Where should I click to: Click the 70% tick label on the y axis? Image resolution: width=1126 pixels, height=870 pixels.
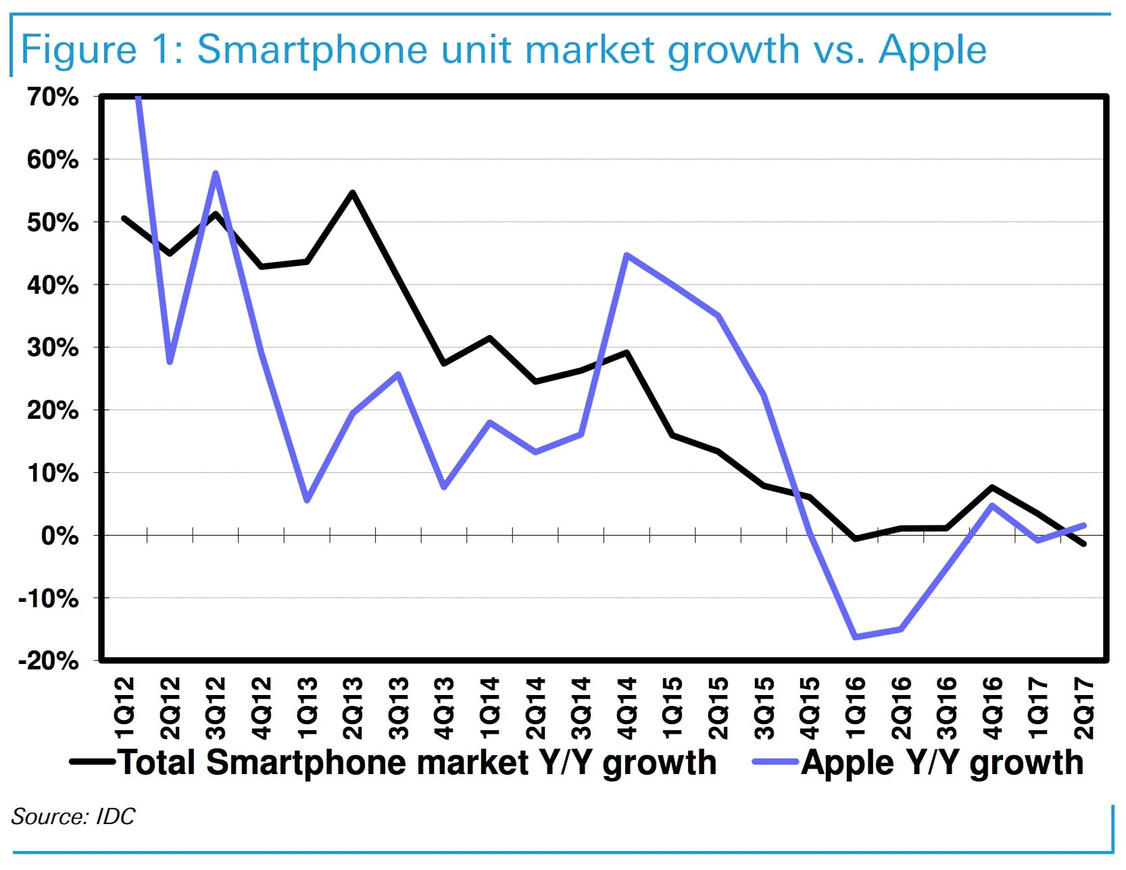point(53,97)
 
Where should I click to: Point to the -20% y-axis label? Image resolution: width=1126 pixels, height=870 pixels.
point(49,661)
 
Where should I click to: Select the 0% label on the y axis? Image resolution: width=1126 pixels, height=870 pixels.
point(59,536)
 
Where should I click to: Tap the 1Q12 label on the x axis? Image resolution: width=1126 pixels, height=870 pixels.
point(124,708)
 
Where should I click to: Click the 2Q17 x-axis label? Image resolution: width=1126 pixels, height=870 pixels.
point(1084,708)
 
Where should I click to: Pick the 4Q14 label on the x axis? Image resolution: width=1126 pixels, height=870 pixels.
point(627,708)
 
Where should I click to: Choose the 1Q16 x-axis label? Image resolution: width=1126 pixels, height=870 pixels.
point(856,708)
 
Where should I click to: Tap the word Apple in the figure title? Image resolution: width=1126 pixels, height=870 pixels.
point(933,49)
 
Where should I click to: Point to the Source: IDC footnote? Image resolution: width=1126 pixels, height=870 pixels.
point(73,817)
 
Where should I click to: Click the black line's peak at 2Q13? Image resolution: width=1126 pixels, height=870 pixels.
point(352,193)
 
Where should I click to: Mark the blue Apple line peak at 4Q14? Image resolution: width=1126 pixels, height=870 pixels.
point(627,255)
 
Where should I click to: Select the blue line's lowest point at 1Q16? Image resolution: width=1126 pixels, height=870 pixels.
point(856,637)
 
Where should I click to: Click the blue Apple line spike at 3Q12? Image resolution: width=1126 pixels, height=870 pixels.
point(215,174)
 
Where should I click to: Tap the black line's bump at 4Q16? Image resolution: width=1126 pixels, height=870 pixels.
point(992,488)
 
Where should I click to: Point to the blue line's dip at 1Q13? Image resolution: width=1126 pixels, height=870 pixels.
point(307,501)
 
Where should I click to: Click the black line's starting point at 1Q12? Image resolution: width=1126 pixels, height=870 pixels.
point(124,218)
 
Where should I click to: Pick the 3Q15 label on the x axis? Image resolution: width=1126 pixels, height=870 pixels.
point(764,708)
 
